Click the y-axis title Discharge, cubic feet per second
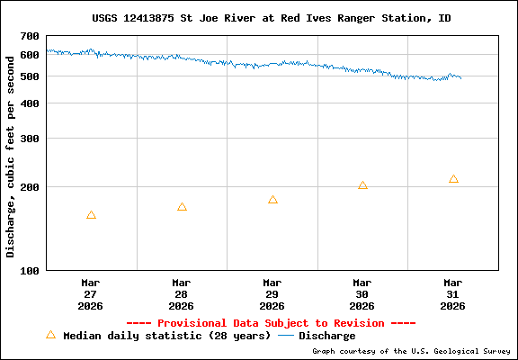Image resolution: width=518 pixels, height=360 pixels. click(x=11, y=154)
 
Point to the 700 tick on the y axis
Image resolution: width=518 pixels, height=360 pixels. click(x=30, y=36)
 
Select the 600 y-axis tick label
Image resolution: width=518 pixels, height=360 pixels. click(x=30, y=55)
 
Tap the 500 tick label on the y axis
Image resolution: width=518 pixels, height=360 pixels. click(x=30, y=76)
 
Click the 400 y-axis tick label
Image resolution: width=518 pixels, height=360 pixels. click(x=30, y=103)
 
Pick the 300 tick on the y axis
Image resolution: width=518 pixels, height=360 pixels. click(x=30, y=139)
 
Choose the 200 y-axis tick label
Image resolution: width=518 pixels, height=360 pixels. click(x=30, y=187)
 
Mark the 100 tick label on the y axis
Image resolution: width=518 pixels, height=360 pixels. click(x=30, y=270)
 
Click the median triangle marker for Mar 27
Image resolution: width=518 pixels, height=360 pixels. click(x=91, y=215)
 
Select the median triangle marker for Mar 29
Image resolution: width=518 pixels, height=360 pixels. click(x=272, y=200)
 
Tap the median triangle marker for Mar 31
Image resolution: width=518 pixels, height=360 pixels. click(x=453, y=179)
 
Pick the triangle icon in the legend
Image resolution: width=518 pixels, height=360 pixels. click(x=50, y=335)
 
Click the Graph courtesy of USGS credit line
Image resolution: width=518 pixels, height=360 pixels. click(x=412, y=351)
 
